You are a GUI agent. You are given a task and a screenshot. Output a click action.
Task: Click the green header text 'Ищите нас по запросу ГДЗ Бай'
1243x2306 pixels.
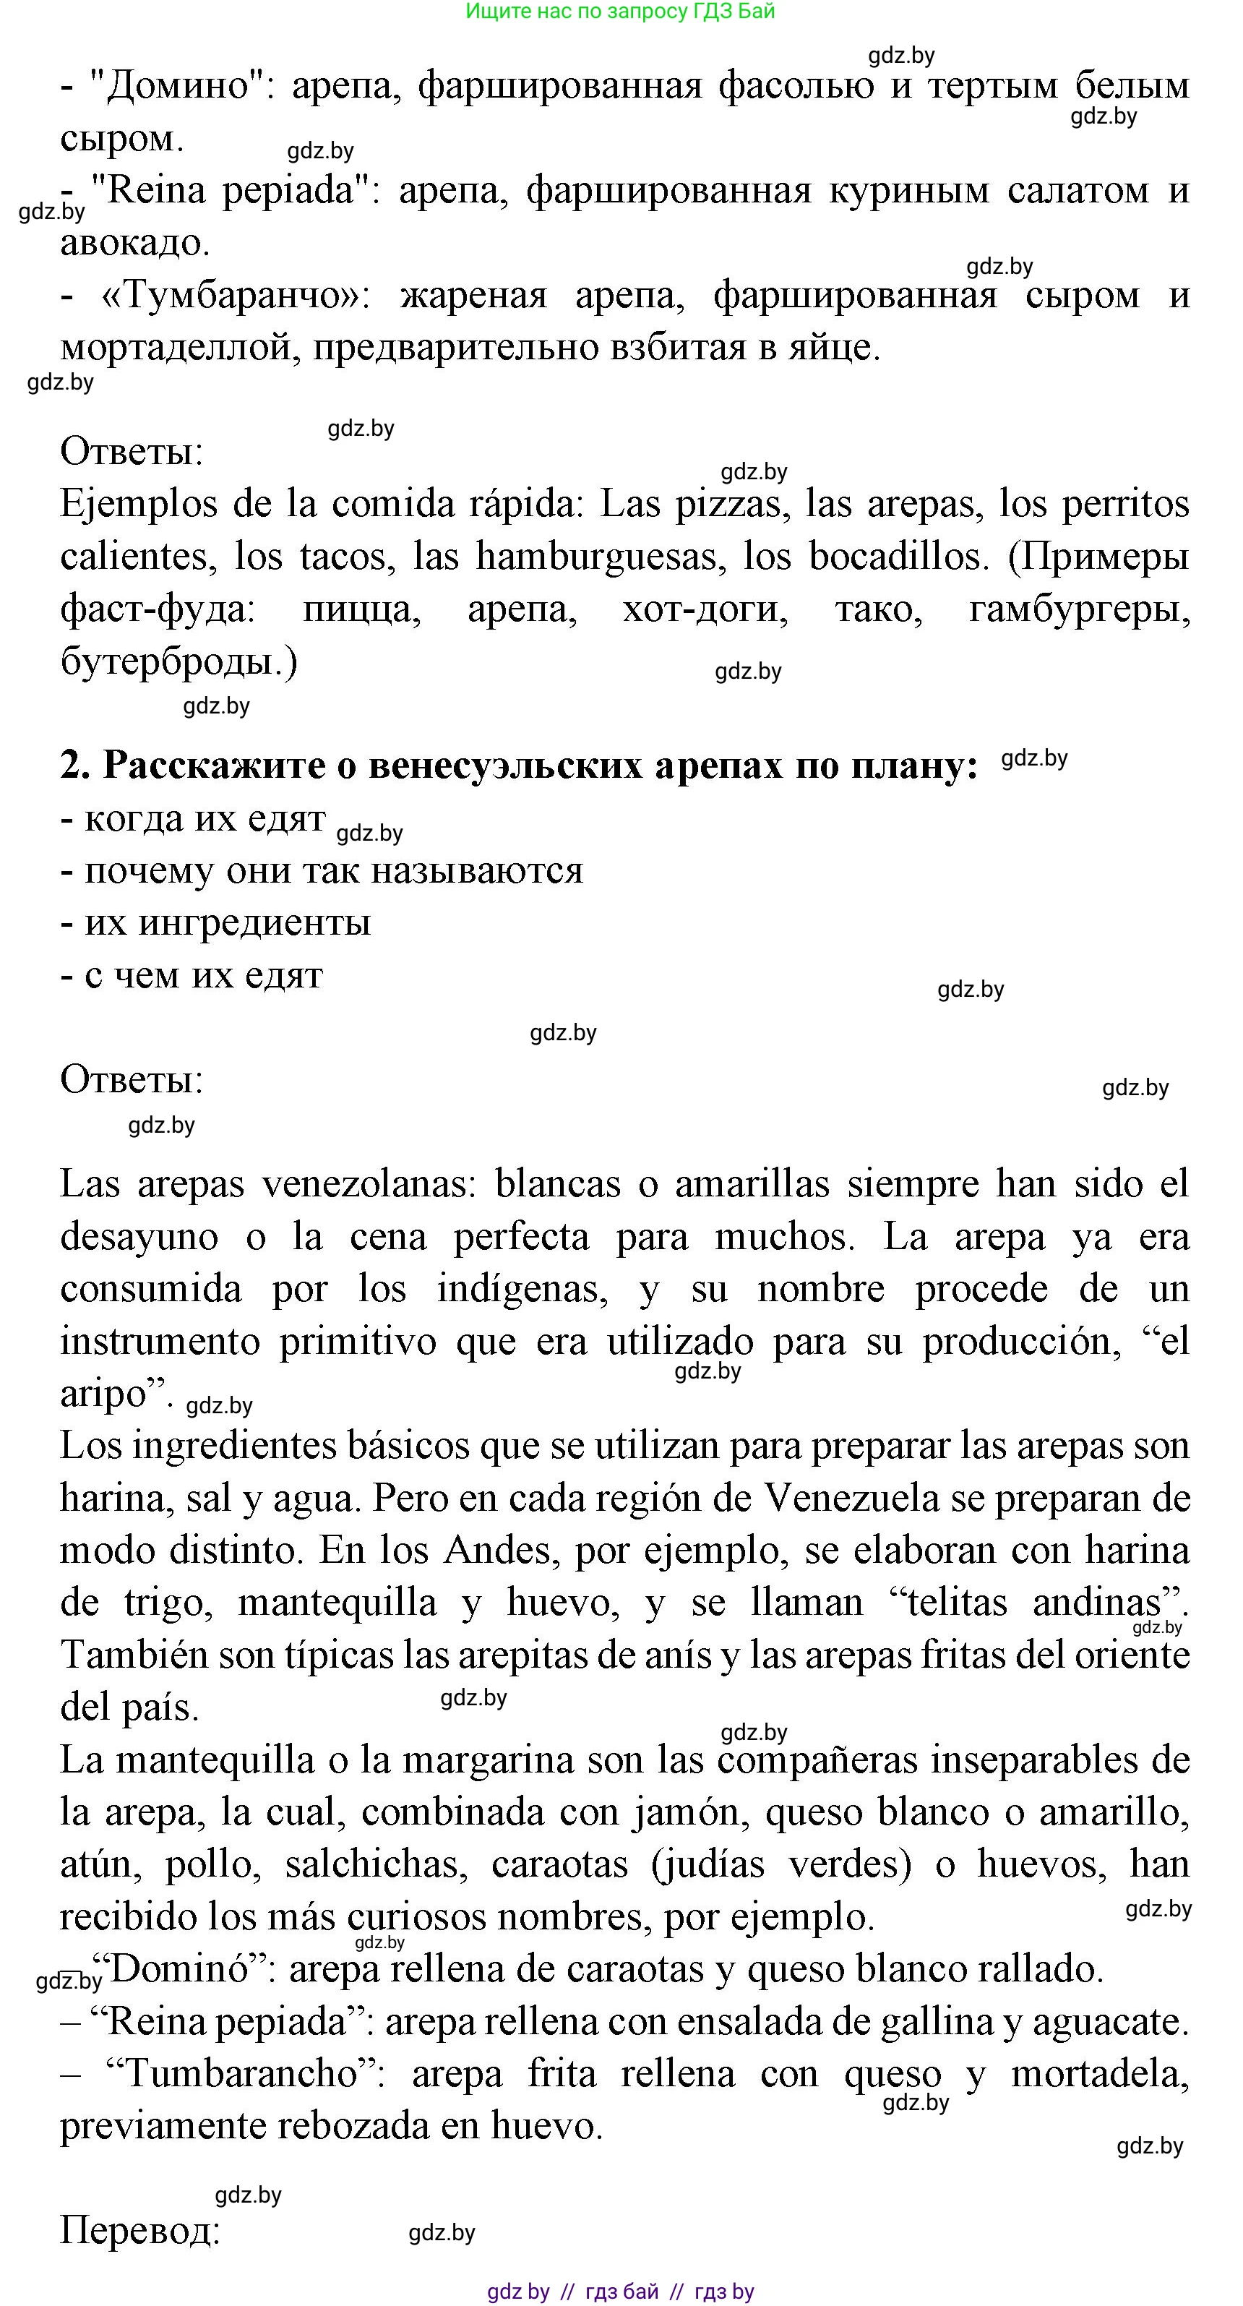pyautogui.click(x=620, y=12)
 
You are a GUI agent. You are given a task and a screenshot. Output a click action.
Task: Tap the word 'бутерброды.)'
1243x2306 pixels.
pyautogui.click(x=179, y=662)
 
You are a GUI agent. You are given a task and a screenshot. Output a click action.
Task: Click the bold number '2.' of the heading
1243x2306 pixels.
pyautogui.click(x=74, y=766)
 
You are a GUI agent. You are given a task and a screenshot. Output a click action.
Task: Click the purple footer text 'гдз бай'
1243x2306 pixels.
pyautogui.click(x=622, y=2292)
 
